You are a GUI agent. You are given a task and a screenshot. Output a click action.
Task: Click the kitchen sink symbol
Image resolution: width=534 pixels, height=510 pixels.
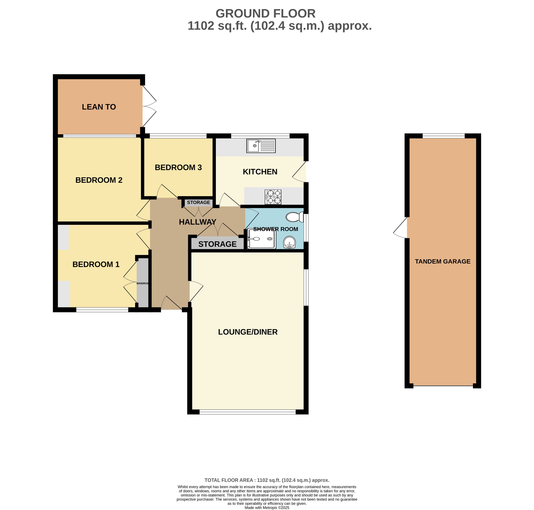261,146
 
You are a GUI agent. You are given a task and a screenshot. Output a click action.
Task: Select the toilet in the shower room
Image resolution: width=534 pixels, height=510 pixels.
294,217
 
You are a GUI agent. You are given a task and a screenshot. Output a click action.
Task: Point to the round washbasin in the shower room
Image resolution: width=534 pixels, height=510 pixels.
289,242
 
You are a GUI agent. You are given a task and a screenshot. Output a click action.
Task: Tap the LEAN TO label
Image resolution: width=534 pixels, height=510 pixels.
99,107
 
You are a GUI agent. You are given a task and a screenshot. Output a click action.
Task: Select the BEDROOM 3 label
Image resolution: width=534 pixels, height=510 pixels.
178,167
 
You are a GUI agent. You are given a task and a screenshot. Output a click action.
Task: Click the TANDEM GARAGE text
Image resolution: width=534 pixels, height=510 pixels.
442,261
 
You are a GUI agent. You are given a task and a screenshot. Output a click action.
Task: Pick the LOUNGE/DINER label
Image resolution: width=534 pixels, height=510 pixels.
247,332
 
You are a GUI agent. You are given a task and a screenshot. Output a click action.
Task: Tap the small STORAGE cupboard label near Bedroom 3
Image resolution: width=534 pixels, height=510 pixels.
198,202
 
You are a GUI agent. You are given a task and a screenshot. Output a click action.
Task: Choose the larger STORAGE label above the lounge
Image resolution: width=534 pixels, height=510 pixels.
217,244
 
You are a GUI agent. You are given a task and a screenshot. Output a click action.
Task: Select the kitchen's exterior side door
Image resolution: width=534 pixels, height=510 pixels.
300,172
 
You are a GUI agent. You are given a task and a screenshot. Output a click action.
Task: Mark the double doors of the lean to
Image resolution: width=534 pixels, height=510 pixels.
149,107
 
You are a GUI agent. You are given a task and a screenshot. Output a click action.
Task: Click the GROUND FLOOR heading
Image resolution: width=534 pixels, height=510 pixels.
265,14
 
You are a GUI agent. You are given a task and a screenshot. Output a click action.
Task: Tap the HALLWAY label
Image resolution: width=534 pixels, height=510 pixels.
197,222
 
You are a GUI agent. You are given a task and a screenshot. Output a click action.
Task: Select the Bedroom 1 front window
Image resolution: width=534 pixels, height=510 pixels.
102,309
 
